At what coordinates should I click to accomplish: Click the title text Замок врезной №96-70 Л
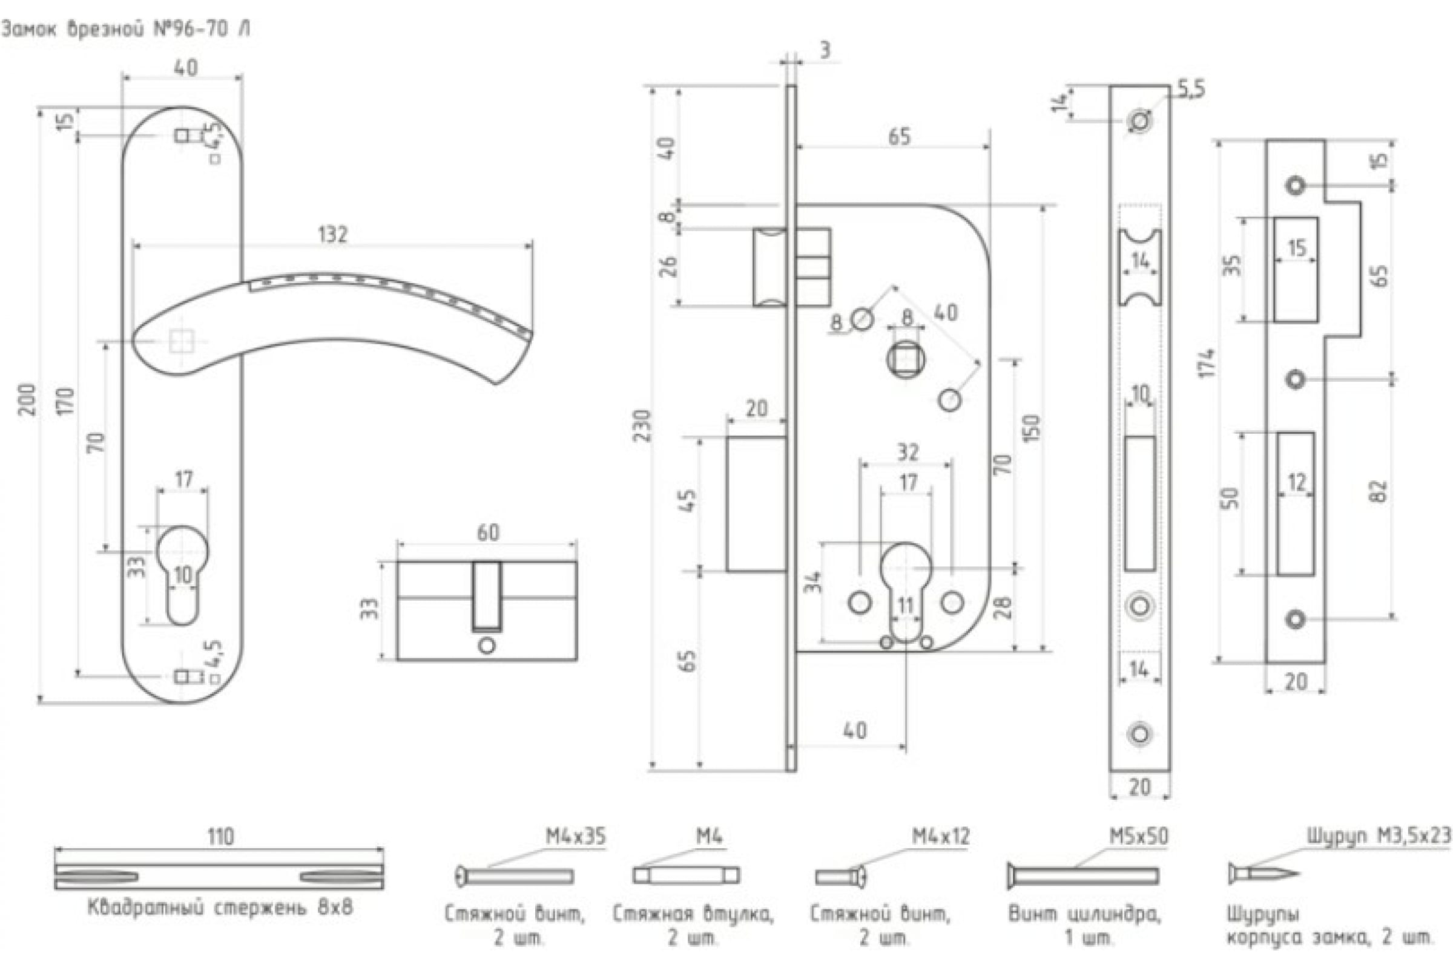click(126, 29)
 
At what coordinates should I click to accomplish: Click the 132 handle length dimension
click(333, 234)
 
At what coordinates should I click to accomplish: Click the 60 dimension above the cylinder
click(487, 532)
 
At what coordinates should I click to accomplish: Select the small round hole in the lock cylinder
click(487, 646)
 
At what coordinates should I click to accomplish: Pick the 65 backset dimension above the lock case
click(899, 137)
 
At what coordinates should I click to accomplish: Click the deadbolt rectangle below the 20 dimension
click(756, 504)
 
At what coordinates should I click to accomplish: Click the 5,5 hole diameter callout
click(1190, 90)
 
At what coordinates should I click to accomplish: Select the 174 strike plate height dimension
click(1208, 362)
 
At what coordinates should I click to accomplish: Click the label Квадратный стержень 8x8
click(220, 907)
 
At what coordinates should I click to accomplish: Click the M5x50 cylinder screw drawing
click(1082, 875)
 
